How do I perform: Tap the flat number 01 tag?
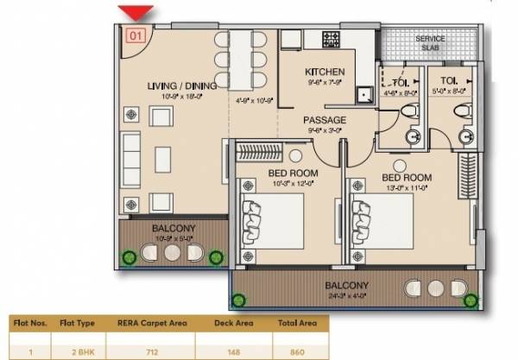coord(135,36)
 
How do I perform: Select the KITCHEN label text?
coord(325,72)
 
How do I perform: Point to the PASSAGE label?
coord(325,120)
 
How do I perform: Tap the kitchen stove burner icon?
coord(332,40)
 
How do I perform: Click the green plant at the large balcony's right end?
coord(471,299)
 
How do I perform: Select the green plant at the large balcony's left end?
coord(238,300)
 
